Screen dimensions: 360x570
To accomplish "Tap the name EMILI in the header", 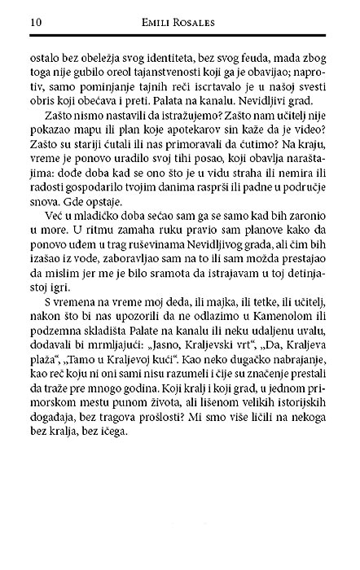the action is click(160, 23).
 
